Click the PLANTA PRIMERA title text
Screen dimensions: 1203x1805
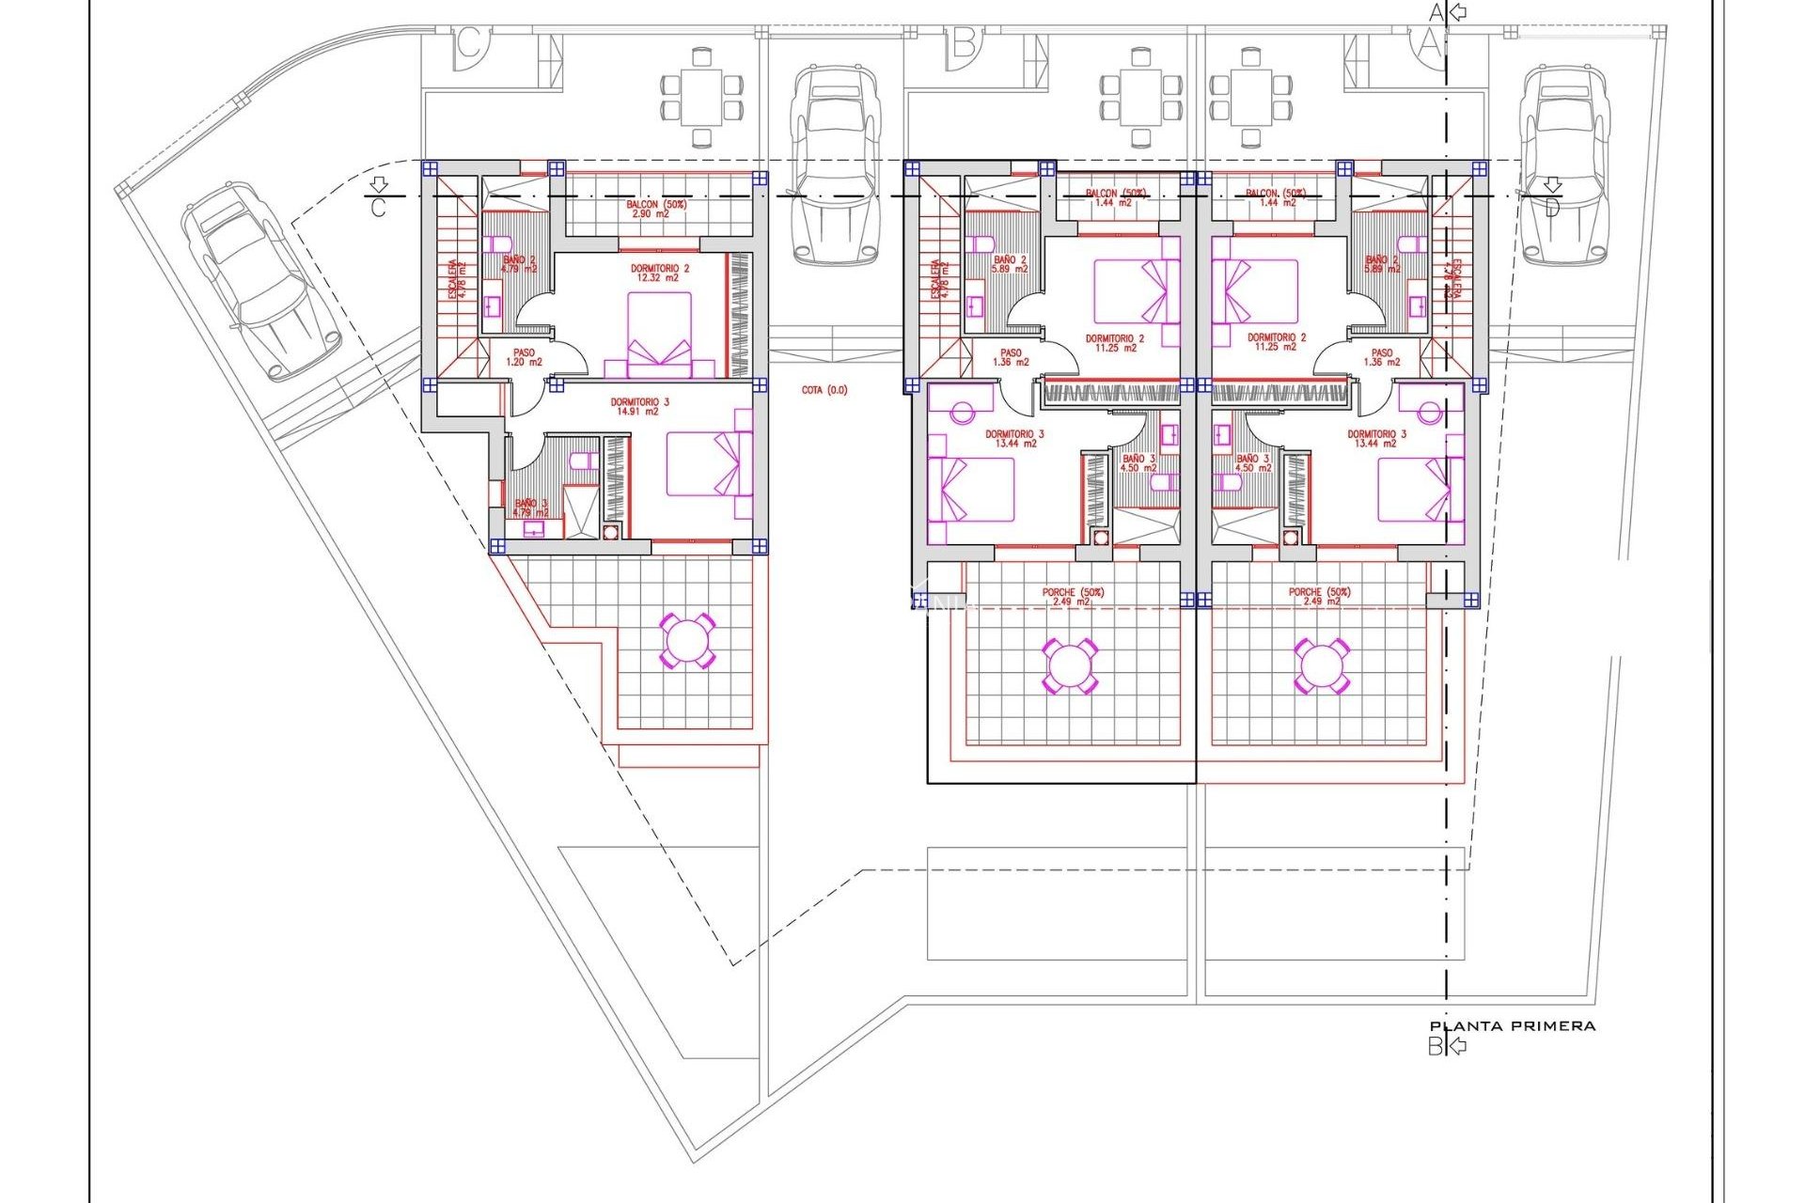(1512, 1026)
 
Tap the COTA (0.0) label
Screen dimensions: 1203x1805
(824, 390)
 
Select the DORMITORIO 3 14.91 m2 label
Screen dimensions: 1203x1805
(639, 407)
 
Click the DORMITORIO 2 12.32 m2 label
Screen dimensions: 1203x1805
(659, 273)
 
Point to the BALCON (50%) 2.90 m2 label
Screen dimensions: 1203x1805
(656, 209)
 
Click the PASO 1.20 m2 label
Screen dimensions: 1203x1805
(524, 357)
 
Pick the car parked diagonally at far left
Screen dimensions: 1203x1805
(260, 279)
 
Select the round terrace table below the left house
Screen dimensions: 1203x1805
(687, 641)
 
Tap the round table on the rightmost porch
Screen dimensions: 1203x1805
(1321, 665)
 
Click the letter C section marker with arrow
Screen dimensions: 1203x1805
(378, 198)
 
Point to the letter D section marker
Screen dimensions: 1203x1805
(1551, 199)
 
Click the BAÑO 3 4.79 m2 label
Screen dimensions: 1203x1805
(531, 508)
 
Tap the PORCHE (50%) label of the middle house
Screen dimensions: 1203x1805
(1072, 597)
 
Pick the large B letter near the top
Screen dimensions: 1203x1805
(963, 43)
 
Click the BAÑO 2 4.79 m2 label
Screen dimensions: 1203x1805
(519, 264)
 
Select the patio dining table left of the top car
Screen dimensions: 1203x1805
(701, 96)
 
